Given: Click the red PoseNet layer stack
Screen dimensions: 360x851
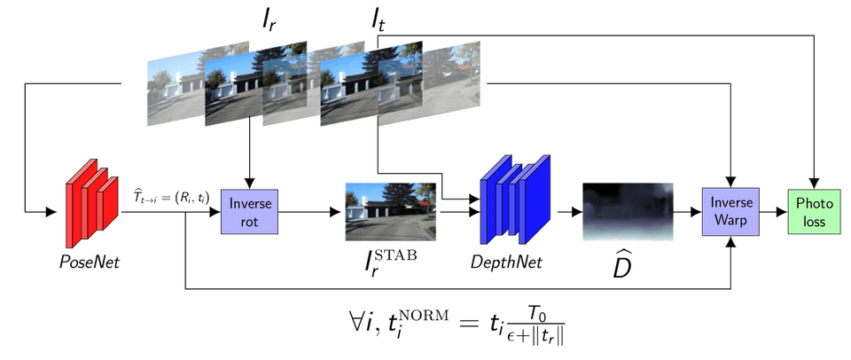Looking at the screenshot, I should (91, 203).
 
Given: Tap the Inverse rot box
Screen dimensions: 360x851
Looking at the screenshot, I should (249, 212).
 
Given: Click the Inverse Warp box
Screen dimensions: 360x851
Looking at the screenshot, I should (731, 212).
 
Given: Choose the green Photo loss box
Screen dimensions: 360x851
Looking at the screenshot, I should (814, 212).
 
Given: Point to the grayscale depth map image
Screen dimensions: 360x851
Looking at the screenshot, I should (628, 211).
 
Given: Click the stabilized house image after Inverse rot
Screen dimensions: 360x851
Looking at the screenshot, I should (390, 211).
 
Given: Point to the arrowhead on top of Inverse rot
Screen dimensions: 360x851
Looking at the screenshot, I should (250, 182).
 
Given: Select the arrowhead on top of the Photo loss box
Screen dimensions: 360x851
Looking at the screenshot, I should (814, 182).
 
